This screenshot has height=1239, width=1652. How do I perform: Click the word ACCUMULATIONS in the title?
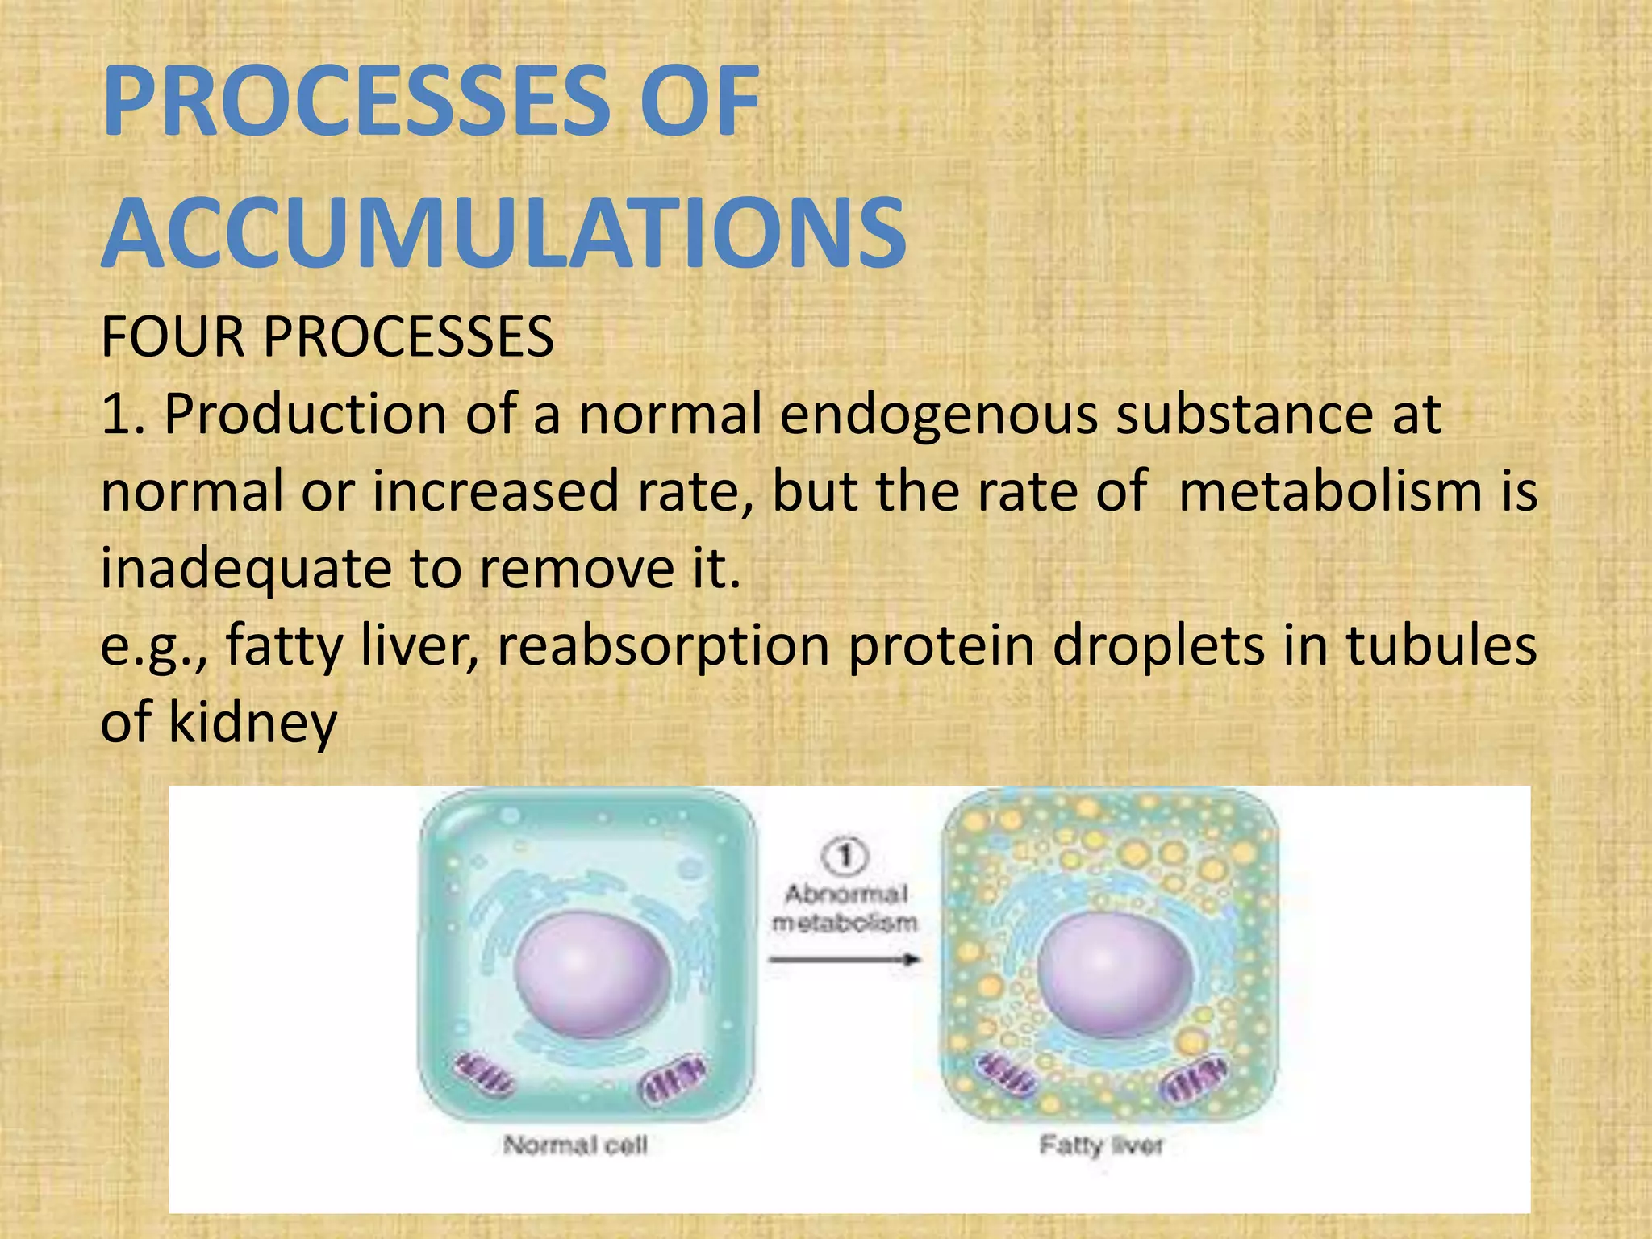pyautogui.click(x=504, y=234)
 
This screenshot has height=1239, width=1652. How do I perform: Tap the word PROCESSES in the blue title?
pyautogui.click(x=355, y=103)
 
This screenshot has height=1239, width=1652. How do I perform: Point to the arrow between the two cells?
pyautogui.click(x=844, y=959)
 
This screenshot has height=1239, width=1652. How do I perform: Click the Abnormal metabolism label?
pyautogui.click(x=845, y=908)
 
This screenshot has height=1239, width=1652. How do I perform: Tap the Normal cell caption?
pyautogui.click(x=575, y=1145)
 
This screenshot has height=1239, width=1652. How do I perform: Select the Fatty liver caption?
pyautogui.click(x=1101, y=1145)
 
